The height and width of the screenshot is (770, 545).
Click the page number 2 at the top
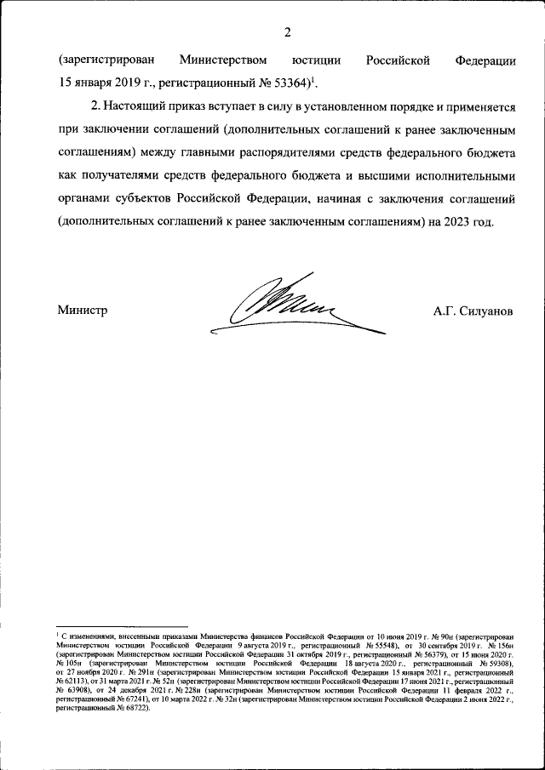point(287,32)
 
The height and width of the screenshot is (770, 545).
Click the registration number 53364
point(283,83)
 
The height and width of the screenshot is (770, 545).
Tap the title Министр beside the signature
point(83,311)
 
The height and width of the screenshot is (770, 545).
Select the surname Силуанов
point(485,311)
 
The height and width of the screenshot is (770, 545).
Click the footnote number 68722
point(134,707)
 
